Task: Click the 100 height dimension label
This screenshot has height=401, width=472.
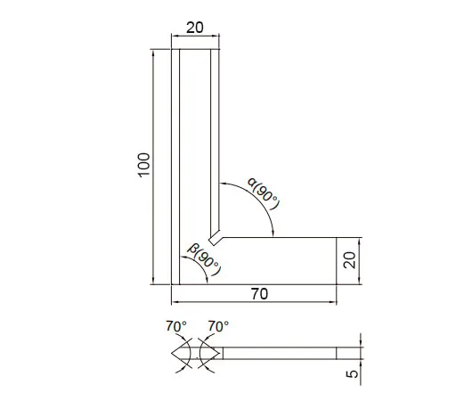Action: pos(144,165)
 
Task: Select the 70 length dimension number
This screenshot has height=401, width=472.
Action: pos(259,294)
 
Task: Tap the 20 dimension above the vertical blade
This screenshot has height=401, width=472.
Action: pos(195,28)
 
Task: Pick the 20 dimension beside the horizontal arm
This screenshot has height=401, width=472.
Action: pos(349,260)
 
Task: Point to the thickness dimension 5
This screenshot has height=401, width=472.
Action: pos(352,374)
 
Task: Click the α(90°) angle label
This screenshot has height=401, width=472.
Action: pos(264,193)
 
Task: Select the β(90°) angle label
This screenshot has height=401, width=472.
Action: pos(205,259)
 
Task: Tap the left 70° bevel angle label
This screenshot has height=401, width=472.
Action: pos(176,326)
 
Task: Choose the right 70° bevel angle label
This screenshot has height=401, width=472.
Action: pos(218,326)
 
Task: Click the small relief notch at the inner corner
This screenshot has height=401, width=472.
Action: pos(214,240)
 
